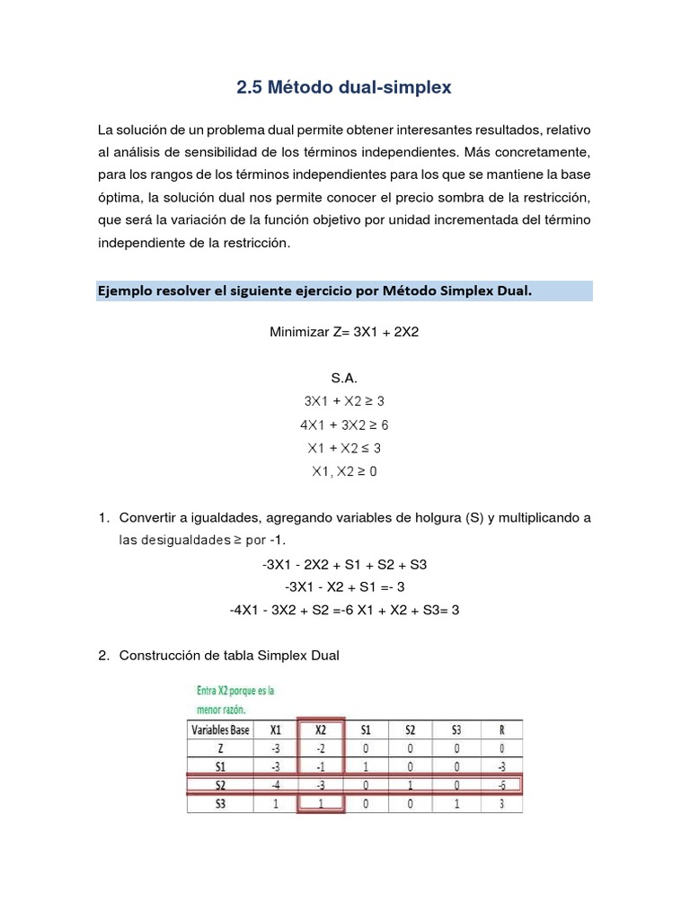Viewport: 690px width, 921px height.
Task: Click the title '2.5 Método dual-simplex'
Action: [344, 87]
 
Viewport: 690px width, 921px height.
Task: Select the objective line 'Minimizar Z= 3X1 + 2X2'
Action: [344, 332]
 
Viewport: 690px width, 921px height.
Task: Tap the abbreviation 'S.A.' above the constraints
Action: [344, 379]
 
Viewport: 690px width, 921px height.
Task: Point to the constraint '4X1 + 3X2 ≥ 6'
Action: [344, 425]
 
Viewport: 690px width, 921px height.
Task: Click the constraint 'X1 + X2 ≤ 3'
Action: [344, 448]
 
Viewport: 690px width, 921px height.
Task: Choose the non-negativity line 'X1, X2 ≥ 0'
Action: [344, 471]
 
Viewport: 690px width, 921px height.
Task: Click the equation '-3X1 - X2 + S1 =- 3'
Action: [344, 586]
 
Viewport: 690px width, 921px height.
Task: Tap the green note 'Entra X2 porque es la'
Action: [234, 691]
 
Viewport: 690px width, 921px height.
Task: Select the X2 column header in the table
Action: [321, 729]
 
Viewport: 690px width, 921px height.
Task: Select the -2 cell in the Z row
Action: [321, 747]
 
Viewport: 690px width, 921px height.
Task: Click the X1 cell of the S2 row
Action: [275, 785]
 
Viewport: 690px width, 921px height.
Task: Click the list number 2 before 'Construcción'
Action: [103, 656]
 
